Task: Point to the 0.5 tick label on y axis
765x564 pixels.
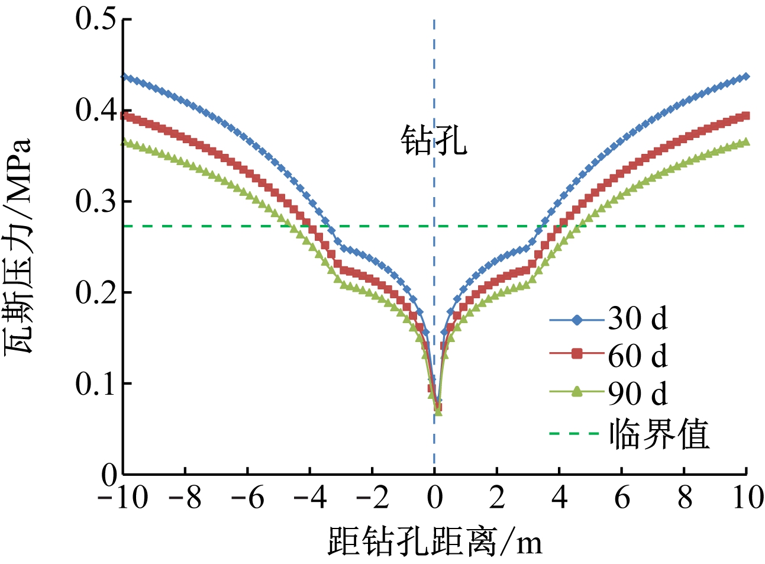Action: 96,19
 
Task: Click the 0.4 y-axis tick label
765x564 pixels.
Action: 96,110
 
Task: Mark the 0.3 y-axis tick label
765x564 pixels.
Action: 96,201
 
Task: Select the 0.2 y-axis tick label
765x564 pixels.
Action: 96,292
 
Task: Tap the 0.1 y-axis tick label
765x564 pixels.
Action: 96,383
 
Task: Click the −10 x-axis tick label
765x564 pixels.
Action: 122,498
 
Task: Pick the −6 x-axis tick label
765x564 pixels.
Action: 247,498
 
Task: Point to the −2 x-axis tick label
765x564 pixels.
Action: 372,498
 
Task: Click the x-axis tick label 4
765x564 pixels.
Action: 560,498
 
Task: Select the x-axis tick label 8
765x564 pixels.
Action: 685,498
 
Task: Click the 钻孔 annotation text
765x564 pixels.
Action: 434,141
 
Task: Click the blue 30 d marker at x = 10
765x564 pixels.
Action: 746,76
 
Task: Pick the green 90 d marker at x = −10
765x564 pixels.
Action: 124,142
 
